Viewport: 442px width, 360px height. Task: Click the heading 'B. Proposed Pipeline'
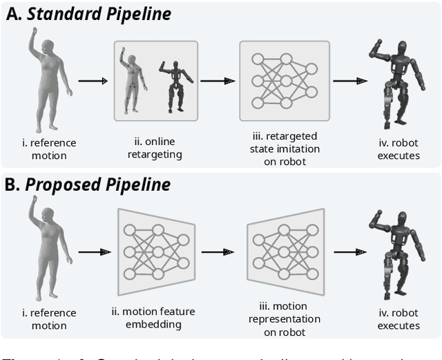pos(89,184)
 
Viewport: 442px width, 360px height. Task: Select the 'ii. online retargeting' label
pos(155,149)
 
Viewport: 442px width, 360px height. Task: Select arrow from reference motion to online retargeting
pos(93,81)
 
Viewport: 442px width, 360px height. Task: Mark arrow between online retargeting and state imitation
pos(218,81)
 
